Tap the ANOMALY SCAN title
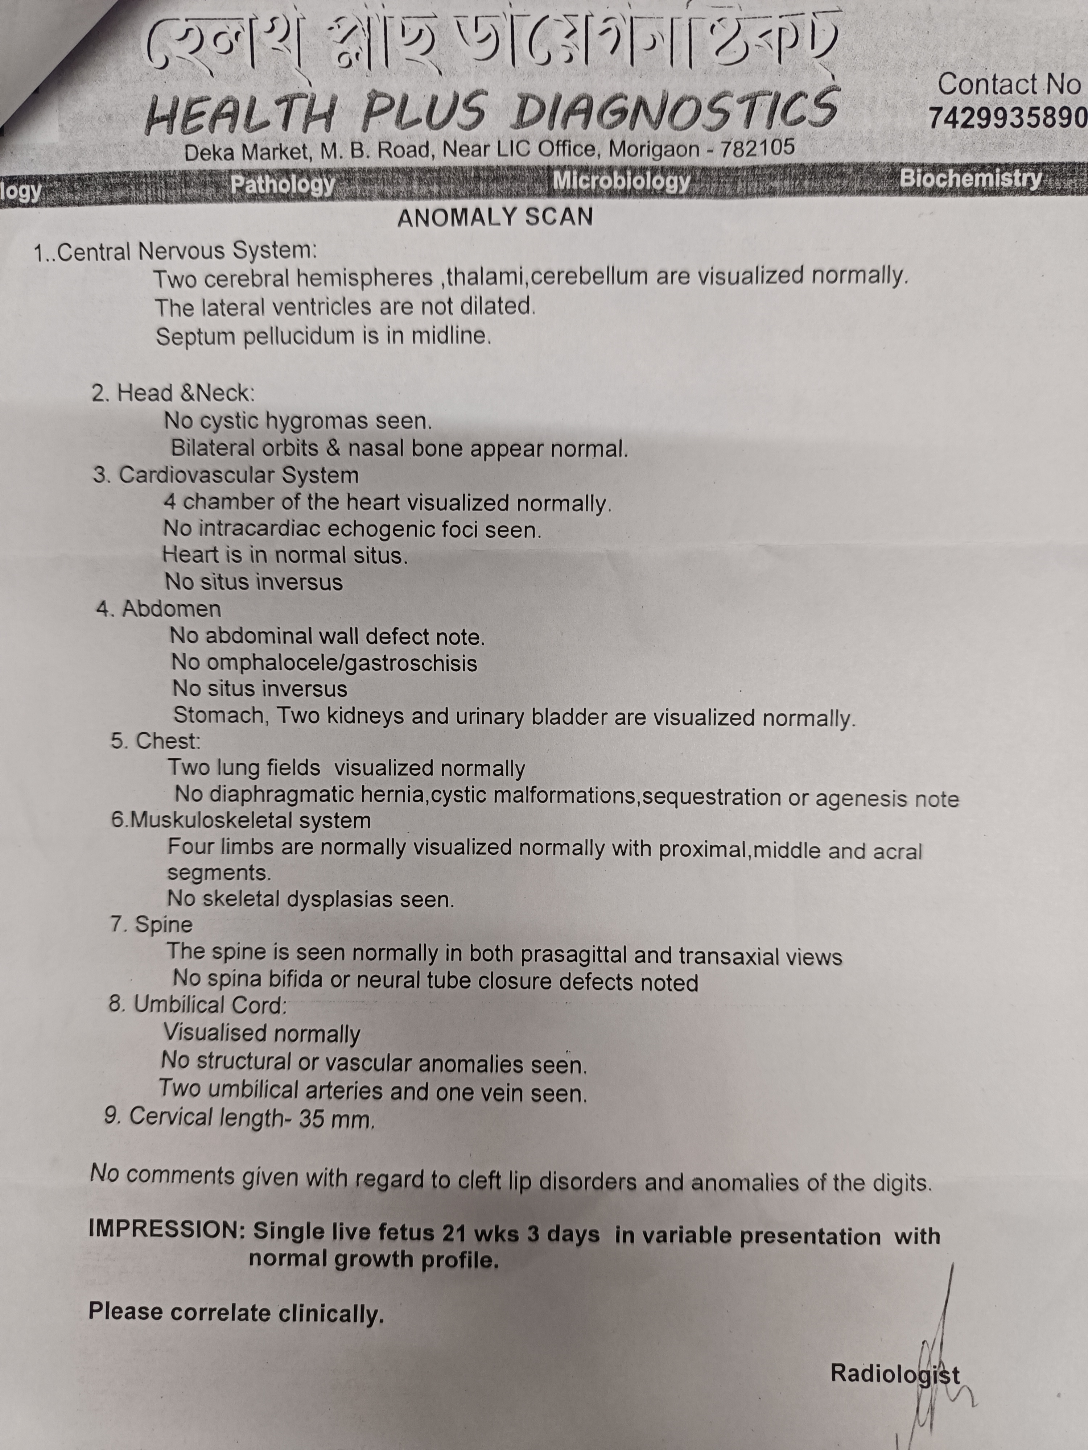tap(495, 217)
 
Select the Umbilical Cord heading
tap(210, 1005)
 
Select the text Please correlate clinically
tap(236, 1312)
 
